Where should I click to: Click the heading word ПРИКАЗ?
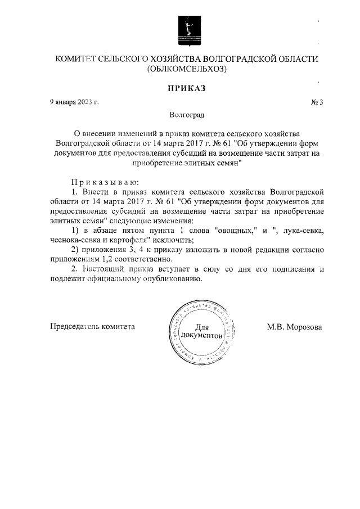pos(186,88)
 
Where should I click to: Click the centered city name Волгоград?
pos(187,115)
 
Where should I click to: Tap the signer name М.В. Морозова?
pos(294,326)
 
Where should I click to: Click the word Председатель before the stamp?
pos(71,326)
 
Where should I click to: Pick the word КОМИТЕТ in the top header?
pos(74,59)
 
